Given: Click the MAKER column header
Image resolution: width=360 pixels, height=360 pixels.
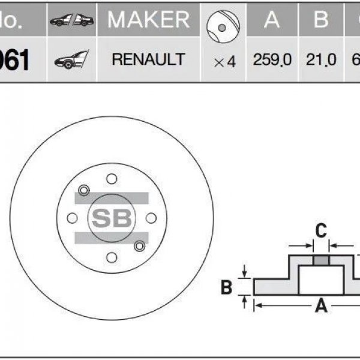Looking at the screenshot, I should (148, 20).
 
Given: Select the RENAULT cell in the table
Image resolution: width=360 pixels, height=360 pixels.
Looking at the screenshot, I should (148, 59).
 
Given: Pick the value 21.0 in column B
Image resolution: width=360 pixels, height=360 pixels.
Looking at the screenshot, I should (322, 60).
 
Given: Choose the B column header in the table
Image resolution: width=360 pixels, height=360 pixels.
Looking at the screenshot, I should (322, 20).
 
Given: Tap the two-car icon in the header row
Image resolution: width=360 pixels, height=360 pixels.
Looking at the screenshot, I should (71, 20).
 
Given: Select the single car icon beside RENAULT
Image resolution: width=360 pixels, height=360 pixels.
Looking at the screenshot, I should (71, 59).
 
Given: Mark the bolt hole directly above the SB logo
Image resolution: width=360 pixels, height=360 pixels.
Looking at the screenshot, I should (112, 178).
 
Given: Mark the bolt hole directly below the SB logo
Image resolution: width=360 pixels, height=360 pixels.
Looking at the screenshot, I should (112, 257).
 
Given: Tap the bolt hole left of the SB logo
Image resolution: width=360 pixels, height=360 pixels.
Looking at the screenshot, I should (72, 218).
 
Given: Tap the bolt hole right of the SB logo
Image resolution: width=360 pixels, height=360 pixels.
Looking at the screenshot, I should (151, 218).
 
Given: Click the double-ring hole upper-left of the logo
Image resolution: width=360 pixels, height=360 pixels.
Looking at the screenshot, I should (83, 191).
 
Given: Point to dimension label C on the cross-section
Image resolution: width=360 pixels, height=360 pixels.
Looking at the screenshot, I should (321, 229).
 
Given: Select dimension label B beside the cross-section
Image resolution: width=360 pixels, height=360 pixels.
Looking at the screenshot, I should (226, 287).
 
